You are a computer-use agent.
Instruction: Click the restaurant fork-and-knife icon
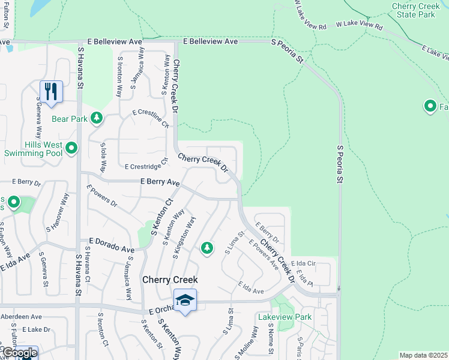51,91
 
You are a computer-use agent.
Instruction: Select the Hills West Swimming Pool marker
71,148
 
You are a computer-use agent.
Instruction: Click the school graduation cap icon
185,299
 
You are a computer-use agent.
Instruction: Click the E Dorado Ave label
112,244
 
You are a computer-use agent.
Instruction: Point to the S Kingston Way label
184,238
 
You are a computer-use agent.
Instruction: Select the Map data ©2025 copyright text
423,355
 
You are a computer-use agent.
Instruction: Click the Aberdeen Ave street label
21,316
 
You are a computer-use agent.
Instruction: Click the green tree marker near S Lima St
207,247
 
